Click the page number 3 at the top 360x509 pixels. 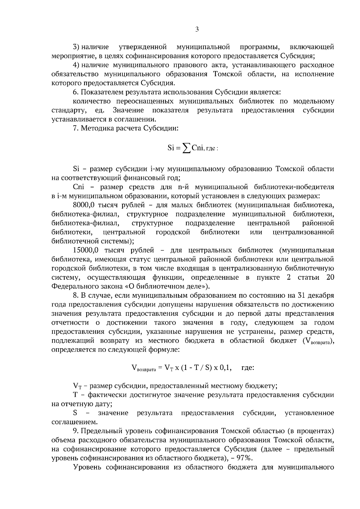click(x=197, y=29)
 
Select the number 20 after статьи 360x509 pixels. click(x=330, y=277)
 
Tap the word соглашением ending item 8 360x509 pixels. click(x=74, y=422)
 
